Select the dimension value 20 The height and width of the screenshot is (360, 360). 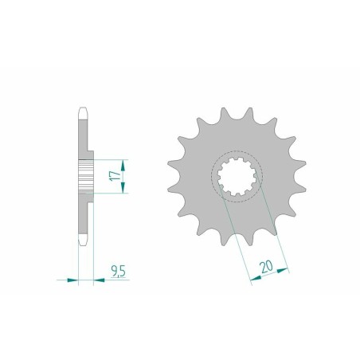tap(266, 262)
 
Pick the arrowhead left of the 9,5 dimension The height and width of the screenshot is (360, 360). tap(74, 280)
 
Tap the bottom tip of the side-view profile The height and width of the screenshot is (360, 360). tap(83, 242)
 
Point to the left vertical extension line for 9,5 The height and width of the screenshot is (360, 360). tap(79, 263)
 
